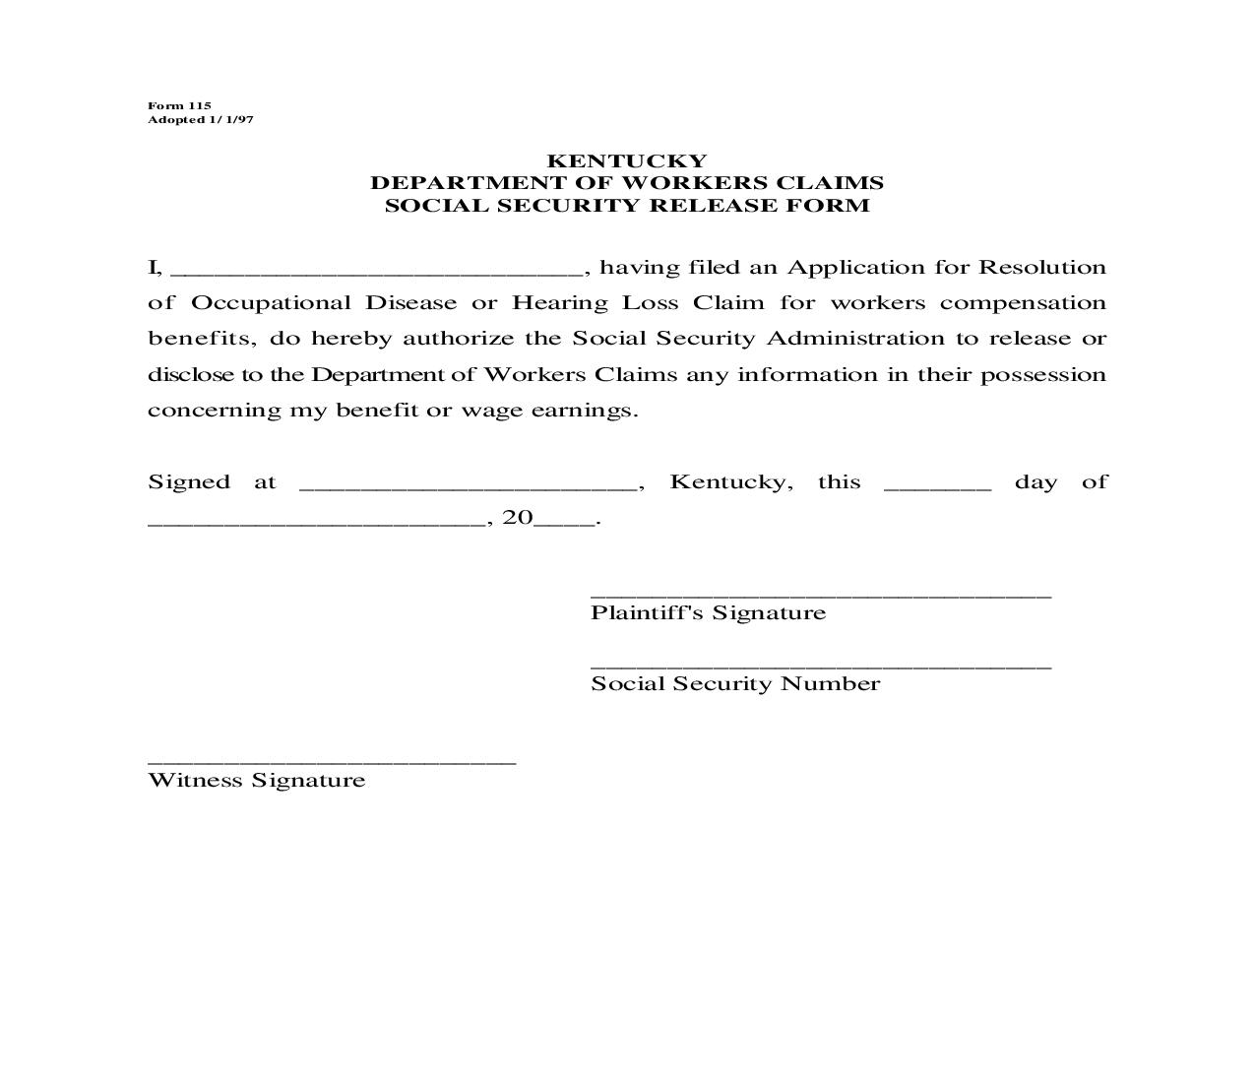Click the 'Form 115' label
(179, 105)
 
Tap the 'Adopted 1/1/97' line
(201, 119)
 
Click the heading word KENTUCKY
(627, 160)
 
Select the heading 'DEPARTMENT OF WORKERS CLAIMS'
(627, 183)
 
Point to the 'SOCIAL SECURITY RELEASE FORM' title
(627, 206)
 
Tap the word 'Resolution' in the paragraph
(1042, 268)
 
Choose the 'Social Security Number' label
(735, 684)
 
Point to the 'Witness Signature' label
(257, 781)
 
